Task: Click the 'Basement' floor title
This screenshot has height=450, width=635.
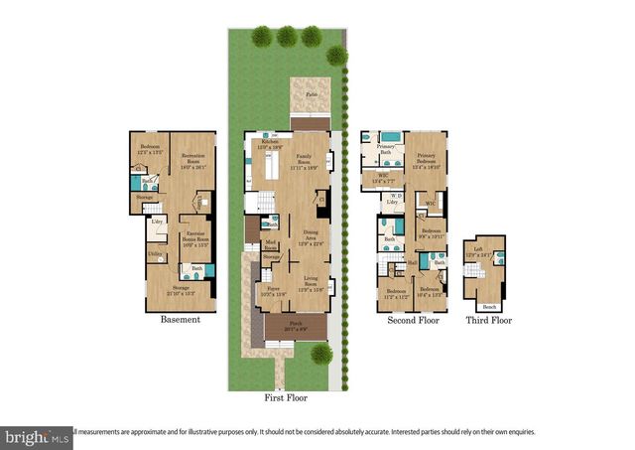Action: [x=180, y=320]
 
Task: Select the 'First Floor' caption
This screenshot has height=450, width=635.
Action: [x=285, y=397]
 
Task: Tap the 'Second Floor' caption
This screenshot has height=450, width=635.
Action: [x=413, y=321]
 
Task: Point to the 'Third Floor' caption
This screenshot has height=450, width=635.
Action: [x=488, y=321]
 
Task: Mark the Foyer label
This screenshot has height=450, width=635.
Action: [x=272, y=290]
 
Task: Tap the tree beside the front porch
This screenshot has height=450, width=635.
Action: [x=320, y=355]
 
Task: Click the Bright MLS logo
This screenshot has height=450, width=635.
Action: [x=37, y=436]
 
